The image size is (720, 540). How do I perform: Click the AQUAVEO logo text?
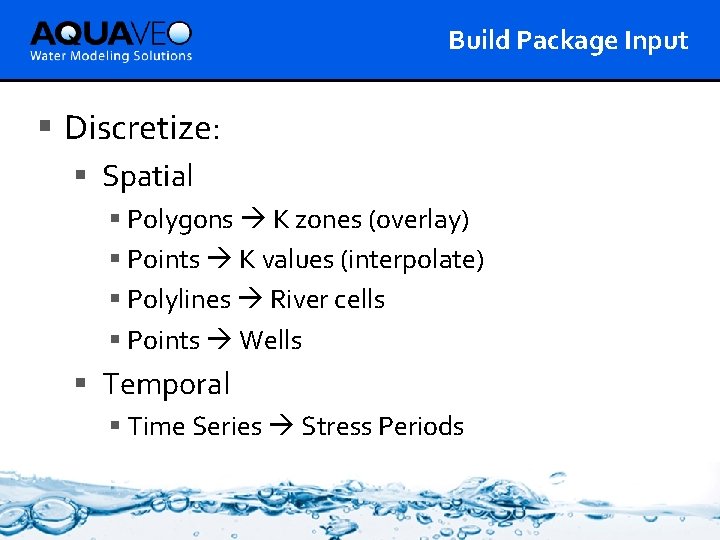click(x=110, y=33)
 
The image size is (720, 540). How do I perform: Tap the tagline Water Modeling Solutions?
click(x=111, y=56)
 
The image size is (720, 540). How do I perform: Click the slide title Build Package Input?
click(x=568, y=40)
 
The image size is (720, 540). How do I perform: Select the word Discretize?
click(x=139, y=128)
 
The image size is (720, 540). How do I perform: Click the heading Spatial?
click(x=148, y=176)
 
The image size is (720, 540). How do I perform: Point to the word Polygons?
click(x=180, y=219)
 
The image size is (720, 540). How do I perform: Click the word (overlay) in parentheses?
click(x=419, y=219)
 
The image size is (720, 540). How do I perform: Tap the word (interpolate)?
click(x=412, y=260)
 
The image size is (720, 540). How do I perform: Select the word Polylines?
click(x=179, y=300)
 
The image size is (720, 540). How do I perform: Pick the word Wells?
click(x=270, y=341)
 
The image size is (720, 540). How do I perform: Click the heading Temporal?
click(x=166, y=384)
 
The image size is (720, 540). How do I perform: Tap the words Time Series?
click(x=195, y=427)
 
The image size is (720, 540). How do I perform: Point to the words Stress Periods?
click(x=382, y=427)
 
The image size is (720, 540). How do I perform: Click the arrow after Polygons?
click(x=253, y=220)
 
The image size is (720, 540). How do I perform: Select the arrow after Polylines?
click(x=250, y=300)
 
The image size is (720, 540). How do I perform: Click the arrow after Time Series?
click(x=281, y=427)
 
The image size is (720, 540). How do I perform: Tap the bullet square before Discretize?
click(x=44, y=126)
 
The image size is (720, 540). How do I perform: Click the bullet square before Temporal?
click(x=82, y=382)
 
